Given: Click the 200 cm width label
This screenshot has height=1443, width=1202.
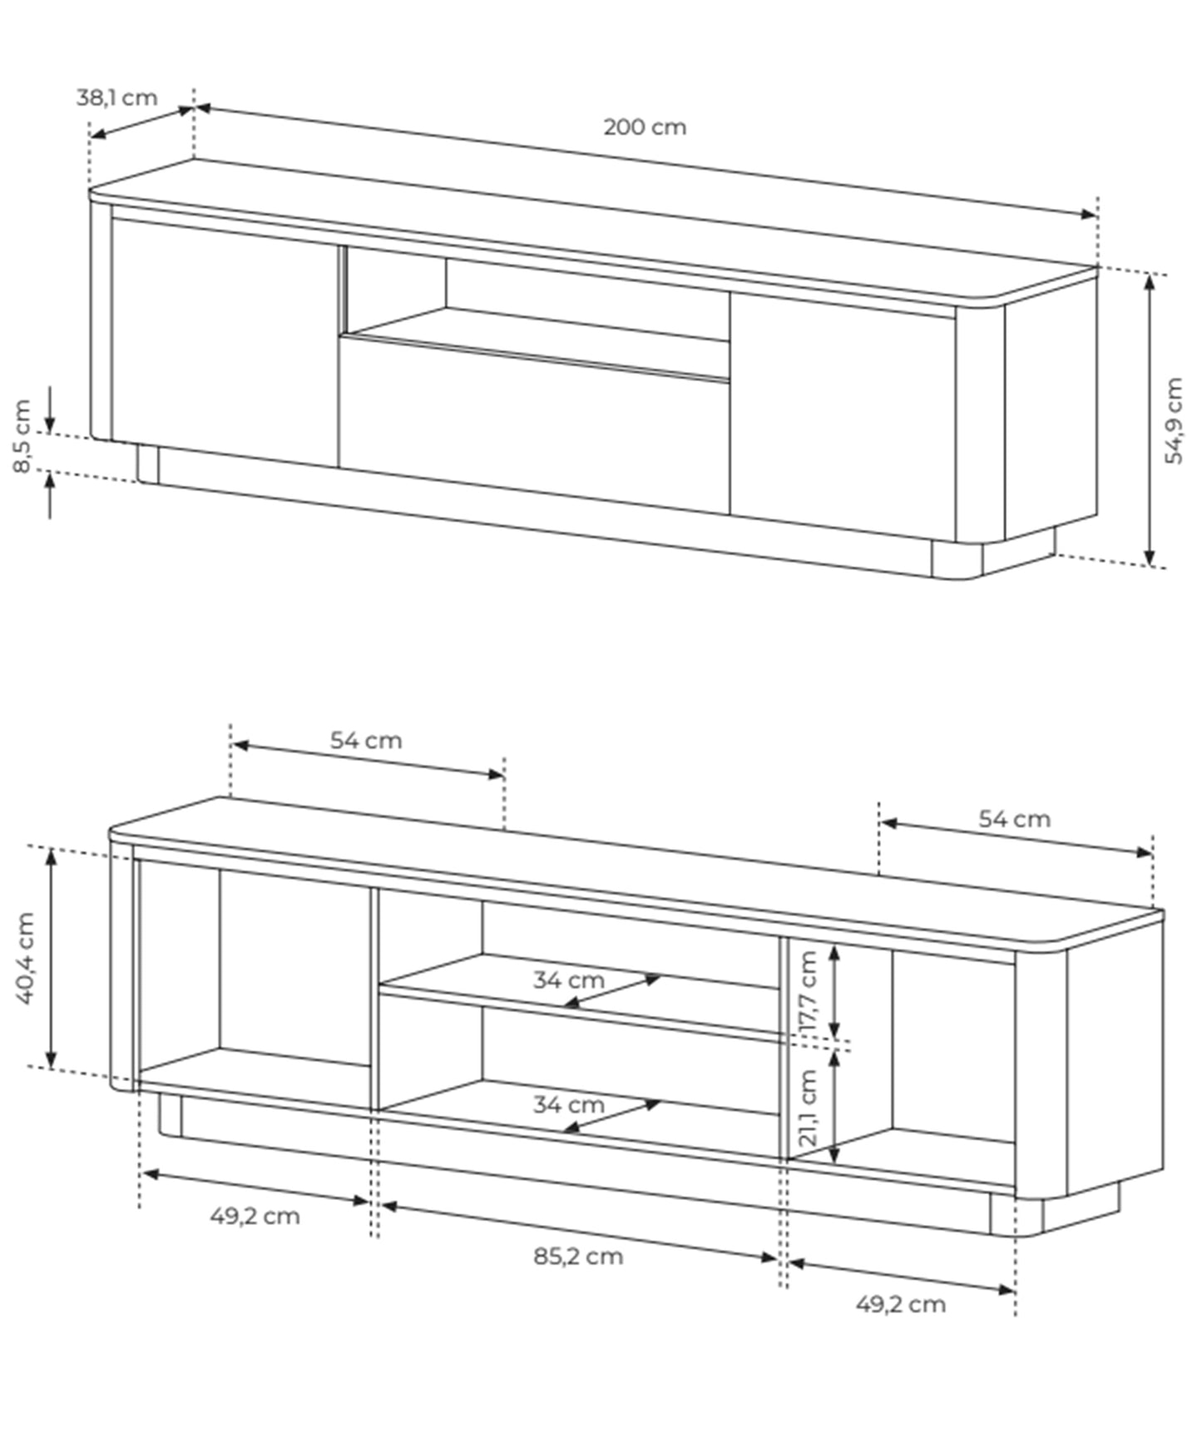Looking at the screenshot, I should [x=645, y=127].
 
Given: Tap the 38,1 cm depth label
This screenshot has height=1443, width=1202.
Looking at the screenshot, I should [x=116, y=97].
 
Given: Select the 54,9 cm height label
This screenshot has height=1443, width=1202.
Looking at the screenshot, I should [x=1174, y=420].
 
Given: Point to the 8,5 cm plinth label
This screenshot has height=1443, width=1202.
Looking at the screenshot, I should [x=22, y=436].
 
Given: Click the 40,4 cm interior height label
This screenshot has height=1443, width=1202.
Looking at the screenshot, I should [x=25, y=958].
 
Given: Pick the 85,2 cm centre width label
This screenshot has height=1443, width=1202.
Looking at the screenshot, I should [x=578, y=1256].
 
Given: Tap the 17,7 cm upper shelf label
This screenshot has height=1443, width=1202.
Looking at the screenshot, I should [x=808, y=993].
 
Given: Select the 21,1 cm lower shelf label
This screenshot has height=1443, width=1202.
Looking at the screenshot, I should [x=808, y=1108].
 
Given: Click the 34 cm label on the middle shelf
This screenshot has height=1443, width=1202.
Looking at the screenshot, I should [x=568, y=980].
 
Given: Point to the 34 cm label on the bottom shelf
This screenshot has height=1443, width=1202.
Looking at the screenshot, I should [x=568, y=1105].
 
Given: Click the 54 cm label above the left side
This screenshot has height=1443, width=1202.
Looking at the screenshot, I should [x=366, y=740].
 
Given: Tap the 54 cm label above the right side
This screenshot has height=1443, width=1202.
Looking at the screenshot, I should [x=1014, y=819].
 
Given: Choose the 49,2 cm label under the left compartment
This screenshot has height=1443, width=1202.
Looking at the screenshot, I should [x=255, y=1216].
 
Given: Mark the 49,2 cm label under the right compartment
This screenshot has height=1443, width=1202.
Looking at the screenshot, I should [x=901, y=1304].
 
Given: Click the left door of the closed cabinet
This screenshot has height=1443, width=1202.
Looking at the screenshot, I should [x=225, y=341].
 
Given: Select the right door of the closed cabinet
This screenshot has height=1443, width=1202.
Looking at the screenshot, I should [x=842, y=412].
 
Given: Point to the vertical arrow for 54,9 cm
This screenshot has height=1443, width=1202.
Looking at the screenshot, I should [x=1150, y=420].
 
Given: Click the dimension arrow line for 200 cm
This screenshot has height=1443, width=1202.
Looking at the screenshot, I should [x=645, y=160].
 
